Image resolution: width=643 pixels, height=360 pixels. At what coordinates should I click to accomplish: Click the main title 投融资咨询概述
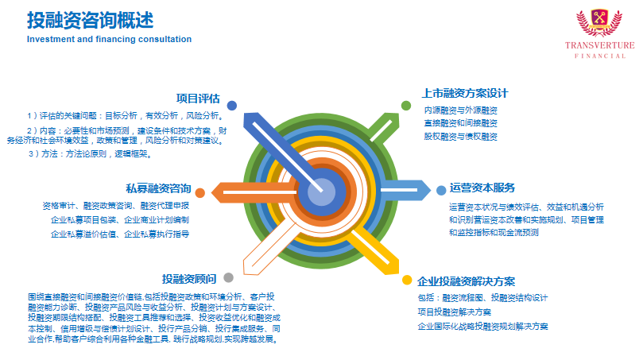coord(91,21)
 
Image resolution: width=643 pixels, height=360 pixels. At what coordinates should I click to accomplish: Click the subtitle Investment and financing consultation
coord(109,40)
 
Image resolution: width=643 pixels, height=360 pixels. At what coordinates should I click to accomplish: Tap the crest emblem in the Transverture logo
coord(599,22)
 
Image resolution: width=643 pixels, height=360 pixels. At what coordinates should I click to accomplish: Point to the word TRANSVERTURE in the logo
coord(599,45)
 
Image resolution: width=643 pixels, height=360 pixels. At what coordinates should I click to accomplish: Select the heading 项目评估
coord(198,99)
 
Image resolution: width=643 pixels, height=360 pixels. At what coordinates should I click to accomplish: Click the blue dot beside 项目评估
coord(232,106)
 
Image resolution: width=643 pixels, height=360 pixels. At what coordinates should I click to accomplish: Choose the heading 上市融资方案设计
coord(465,94)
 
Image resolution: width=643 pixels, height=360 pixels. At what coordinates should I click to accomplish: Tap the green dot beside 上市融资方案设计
coord(406,106)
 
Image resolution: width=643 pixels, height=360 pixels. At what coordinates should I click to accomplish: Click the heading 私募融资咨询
coord(158,188)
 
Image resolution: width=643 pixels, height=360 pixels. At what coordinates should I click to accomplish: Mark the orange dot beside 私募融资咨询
coord(200,192)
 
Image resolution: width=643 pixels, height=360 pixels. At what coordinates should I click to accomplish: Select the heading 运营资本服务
coord(482,188)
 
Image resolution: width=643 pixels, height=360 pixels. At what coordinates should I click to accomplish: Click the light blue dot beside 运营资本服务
coord(441,190)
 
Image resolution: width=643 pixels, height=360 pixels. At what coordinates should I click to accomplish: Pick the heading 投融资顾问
coord(189,279)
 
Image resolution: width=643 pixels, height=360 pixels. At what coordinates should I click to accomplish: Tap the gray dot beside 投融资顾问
coord(228,277)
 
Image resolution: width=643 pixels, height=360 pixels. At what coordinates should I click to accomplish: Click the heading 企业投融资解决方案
coord(467,281)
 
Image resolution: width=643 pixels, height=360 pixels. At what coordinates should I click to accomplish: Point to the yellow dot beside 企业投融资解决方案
coord(407,280)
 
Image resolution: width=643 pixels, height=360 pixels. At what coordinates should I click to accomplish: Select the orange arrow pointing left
coord(254,192)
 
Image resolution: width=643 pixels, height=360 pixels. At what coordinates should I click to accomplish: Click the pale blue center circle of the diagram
coord(321,192)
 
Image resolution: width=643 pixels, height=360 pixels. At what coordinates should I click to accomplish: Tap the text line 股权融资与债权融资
coord(460,137)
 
